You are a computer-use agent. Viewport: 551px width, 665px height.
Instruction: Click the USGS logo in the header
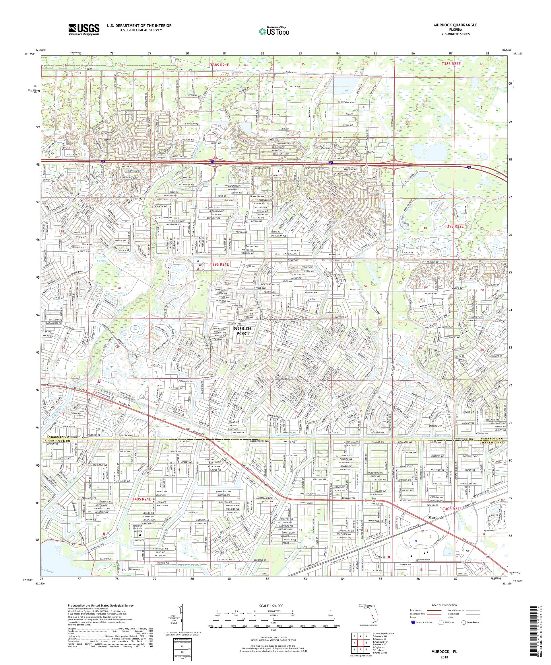(x=84, y=30)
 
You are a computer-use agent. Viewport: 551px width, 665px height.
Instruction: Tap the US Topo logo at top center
(x=275, y=31)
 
